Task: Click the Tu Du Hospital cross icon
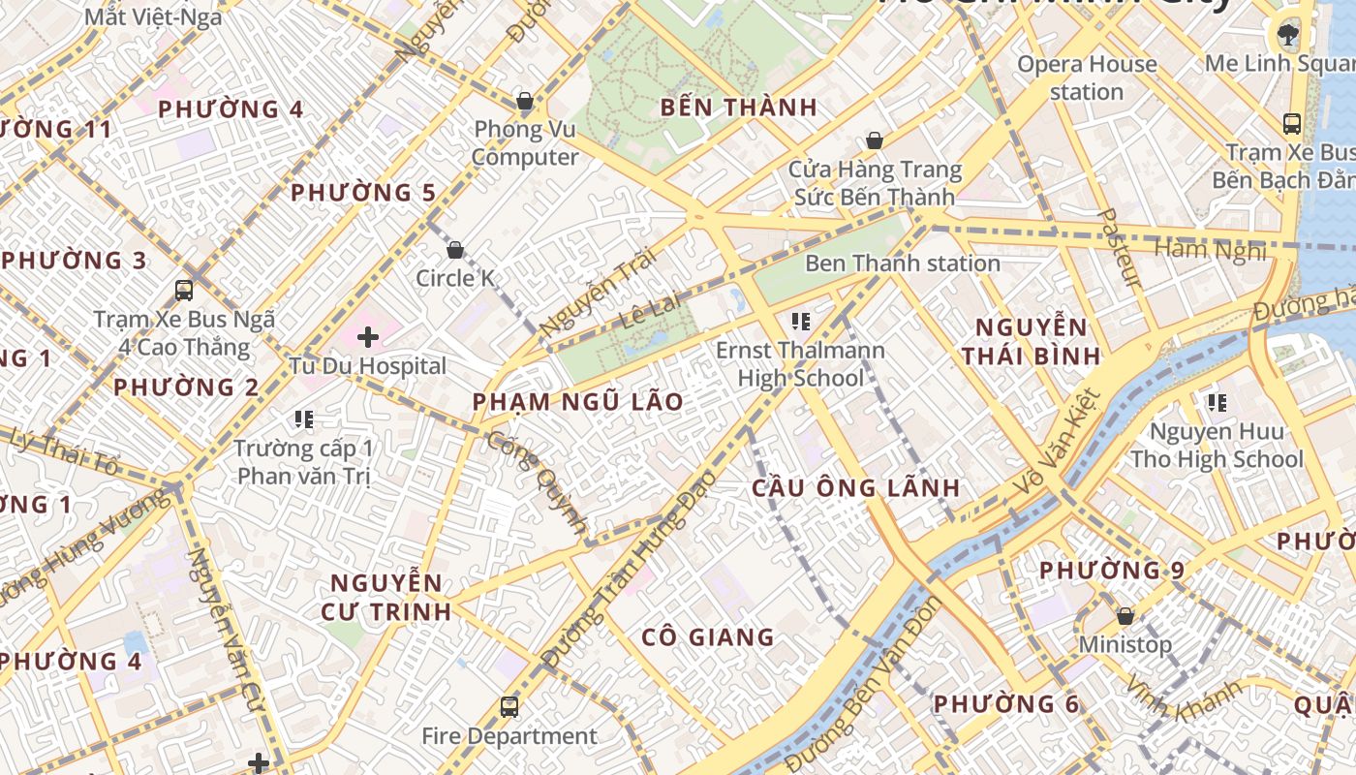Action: pyautogui.click(x=368, y=337)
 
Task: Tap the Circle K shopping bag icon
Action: pyautogui.click(x=455, y=251)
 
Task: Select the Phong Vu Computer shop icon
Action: pyautogui.click(x=525, y=101)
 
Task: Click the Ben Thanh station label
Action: pyautogui.click(x=903, y=263)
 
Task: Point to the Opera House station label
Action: pyautogui.click(x=1087, y=77)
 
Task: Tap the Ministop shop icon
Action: pyautogui.click(x=1125, y=616)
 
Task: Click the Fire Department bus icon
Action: pyautogui.click(x=509, y=707)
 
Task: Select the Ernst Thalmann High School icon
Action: pyautogui.click(x=800, y=321)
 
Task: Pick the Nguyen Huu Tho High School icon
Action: pyautogui.click(x=1217, y=402)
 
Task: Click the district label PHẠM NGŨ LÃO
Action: pyautogui.click(x=578, y=401)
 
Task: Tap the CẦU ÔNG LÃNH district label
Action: pyautogui.click(x=856, y=487)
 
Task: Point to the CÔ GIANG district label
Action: pyautogui.click(x=708, y=636)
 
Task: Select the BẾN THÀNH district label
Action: pyautogui.click(x=739, y=107)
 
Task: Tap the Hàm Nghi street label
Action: pyautogui.click(x=1211, y=250)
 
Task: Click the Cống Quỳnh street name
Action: pyautogui.click(x=538, y=481)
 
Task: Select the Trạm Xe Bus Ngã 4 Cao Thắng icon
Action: pyautogui.click(x=184, y=290)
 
